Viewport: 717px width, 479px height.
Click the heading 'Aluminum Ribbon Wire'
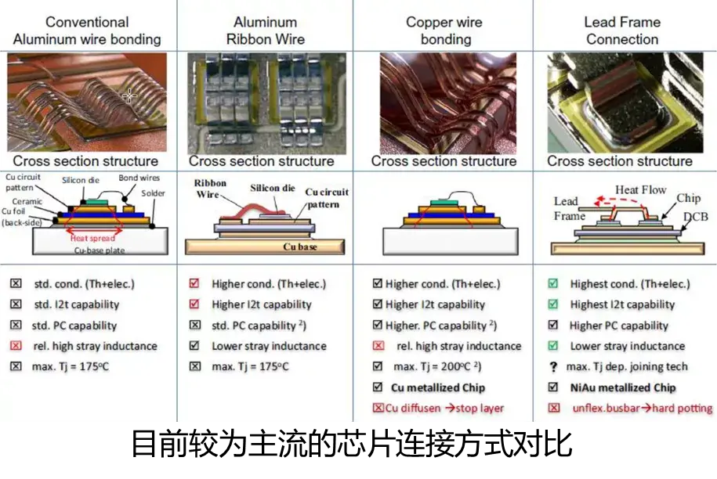tap(265, 31)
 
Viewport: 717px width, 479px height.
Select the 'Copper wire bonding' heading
tap(444, 31)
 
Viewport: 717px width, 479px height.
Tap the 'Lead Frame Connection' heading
tap(622, 31)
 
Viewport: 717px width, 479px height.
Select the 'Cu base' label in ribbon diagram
tap(299, 247)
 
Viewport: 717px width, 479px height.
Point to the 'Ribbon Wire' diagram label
tap(208, 188)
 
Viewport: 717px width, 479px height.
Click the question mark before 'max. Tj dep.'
tap(553, 367)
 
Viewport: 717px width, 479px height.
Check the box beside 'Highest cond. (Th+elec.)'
tap(553, 284)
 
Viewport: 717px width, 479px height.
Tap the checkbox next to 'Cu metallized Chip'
tap(378, 387)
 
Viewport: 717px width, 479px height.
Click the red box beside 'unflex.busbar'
tap(554, 408)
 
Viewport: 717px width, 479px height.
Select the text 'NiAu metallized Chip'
tap(622, 387)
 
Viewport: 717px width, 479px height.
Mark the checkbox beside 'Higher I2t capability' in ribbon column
tap(195, 304)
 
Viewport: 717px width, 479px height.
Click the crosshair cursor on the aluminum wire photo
tap(129, 95)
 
